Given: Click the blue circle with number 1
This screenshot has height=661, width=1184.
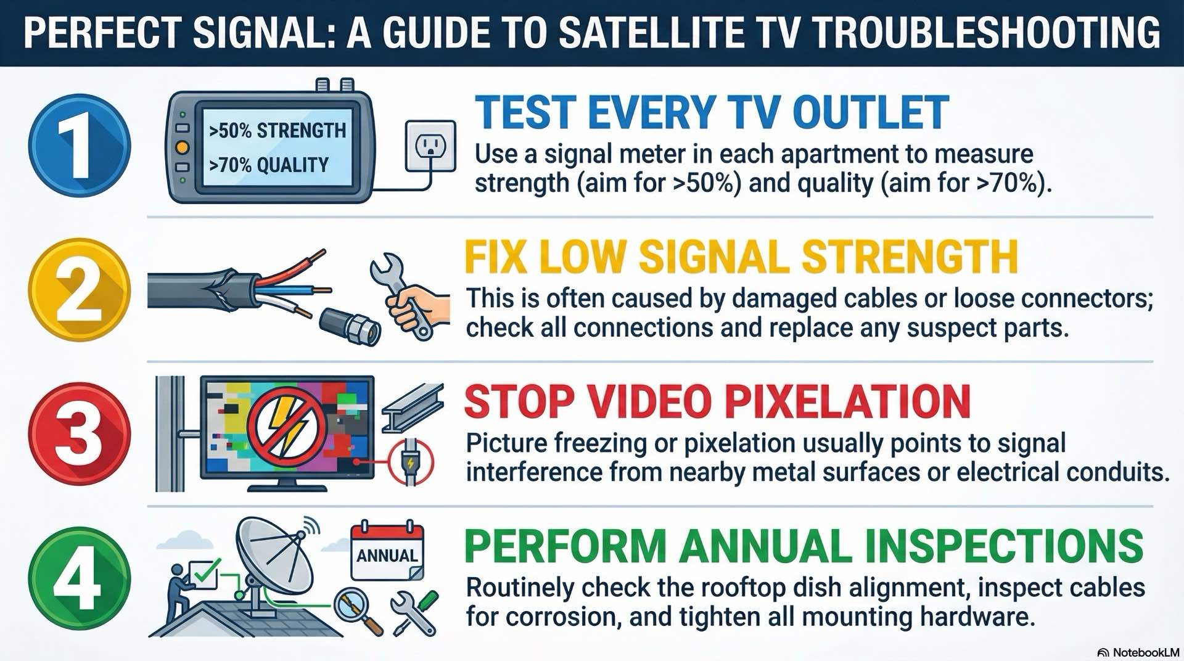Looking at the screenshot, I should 80,146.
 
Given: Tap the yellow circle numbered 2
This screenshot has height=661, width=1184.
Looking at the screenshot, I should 80,290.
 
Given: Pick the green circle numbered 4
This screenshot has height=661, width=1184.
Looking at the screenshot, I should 80,578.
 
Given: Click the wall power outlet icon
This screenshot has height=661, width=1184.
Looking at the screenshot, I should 430,146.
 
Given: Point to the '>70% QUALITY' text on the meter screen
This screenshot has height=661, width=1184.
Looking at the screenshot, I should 269,165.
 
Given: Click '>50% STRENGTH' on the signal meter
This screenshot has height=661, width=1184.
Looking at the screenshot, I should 277,131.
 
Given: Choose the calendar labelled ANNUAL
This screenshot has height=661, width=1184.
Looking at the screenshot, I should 387,552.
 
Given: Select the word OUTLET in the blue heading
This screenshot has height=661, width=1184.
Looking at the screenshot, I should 871,113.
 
